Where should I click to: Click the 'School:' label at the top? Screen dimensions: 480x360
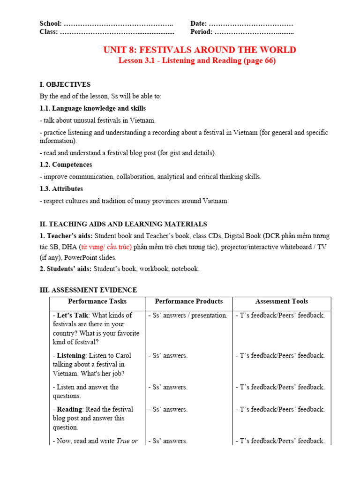point(50,23)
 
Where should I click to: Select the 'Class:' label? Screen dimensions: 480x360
point(49,32)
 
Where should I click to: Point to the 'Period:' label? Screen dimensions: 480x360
point(202,32)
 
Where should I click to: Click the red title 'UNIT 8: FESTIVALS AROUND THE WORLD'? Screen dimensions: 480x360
point(200,50)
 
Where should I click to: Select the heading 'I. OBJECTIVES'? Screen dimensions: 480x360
point(65,84)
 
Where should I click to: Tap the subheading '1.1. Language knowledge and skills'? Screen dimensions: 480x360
point(93,108)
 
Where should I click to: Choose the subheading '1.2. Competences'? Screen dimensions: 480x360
point(66,165)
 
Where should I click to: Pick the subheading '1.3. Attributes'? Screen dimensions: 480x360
point(61,188)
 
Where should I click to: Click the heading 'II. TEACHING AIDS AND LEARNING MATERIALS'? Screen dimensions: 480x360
point(123,224)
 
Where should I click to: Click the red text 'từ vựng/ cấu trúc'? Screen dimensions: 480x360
point(106,247)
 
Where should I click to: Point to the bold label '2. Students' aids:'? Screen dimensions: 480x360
point(66,269)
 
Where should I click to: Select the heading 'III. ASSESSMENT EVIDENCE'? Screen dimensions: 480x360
point(88,290)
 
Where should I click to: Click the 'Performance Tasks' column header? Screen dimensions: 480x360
point(97,301)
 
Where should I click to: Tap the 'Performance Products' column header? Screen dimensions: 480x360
point(188,301)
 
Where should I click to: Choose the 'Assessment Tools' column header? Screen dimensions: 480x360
point(281,301)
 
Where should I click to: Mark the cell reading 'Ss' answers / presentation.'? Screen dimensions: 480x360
point(188,315)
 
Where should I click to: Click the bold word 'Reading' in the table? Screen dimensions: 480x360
point(69,409)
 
